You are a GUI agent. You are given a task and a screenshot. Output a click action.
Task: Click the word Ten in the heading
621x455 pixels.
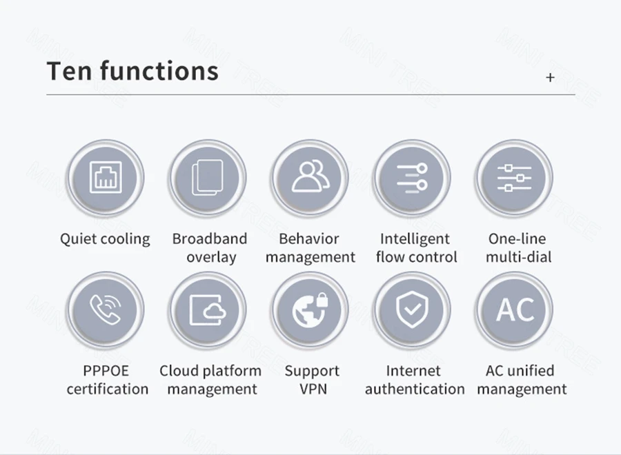[68, 71]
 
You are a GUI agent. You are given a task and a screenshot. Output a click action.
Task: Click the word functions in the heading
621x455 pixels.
[159, 71]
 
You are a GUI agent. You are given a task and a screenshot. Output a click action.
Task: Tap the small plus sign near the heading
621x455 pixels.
[550, 77]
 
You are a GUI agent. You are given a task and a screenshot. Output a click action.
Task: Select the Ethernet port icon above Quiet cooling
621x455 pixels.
[105, 178]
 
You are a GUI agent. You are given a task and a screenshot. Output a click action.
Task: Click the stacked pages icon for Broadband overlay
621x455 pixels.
[208, 178]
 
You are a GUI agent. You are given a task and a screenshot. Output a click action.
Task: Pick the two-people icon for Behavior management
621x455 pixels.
[310, 178]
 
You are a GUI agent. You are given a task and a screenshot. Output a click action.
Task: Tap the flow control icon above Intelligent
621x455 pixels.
[413, 178]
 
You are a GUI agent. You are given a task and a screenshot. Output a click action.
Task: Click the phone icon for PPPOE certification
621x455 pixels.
[105, 310]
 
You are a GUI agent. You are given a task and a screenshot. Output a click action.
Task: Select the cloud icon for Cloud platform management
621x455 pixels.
[208, 310]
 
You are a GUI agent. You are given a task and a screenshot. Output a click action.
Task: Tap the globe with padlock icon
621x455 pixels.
[310, 310]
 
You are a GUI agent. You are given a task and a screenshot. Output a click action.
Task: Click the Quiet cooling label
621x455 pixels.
[105, 239]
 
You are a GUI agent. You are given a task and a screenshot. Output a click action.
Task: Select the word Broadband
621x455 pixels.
[209, 239]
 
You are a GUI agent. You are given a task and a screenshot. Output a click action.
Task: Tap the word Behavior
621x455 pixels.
[309, 239]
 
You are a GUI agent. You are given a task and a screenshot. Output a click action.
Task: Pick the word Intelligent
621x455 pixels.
[415, 239]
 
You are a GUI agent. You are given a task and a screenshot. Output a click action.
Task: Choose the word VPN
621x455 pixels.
[313, 389]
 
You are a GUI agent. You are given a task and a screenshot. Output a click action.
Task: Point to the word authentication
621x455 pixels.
[415, 389]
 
